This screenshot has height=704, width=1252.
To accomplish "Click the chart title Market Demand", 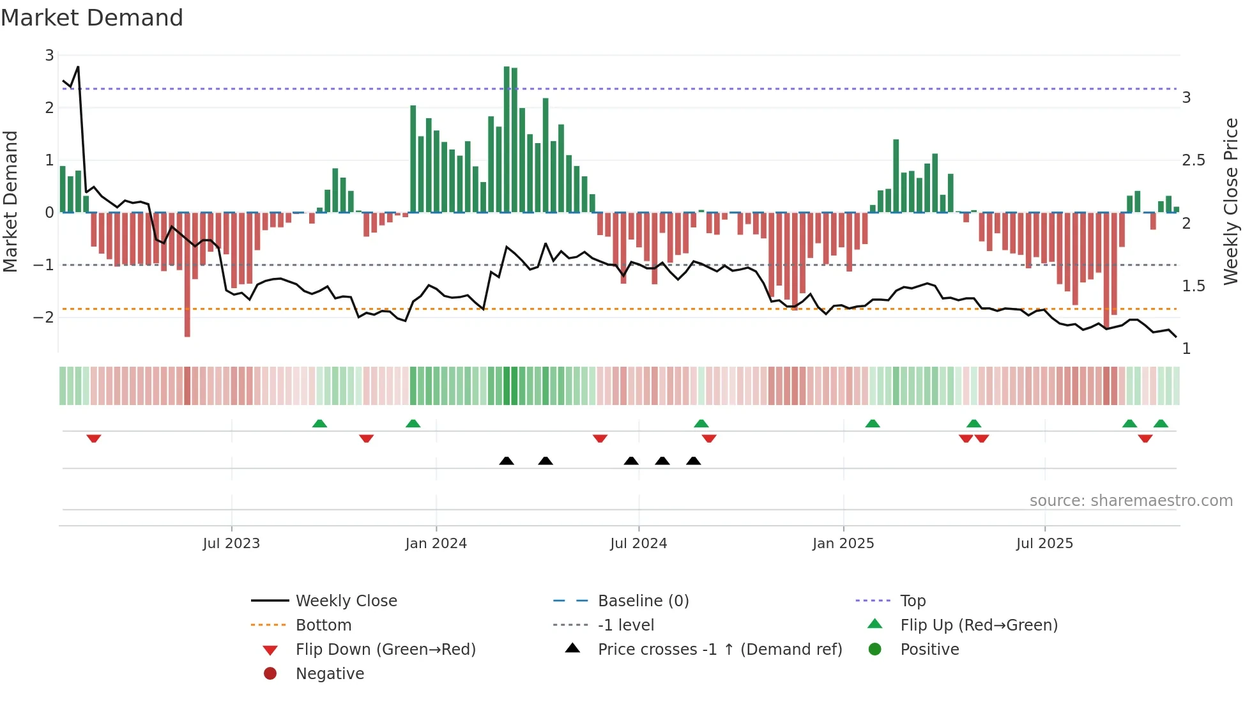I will (x=92, y=18).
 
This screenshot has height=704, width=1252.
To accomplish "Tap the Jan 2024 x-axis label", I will (x=436, y=544).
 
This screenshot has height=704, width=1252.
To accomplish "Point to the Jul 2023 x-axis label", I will (x=231, y=544).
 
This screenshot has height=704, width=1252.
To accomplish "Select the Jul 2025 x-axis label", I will (x=1044, y=544).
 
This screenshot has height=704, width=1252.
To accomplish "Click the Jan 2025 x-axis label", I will (x=843, y=544).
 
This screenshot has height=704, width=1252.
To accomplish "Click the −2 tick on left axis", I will (x=43, y=318).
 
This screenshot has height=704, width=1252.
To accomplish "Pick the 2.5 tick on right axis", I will (x=1193, y=160).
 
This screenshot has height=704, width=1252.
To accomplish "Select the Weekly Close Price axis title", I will (x=1230, y=201).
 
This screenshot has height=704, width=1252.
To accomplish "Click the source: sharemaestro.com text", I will (x=1131, y=501).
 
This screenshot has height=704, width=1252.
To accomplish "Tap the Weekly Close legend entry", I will (x=346, y=601).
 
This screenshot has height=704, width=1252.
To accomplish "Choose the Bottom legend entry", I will (x=323, y=625).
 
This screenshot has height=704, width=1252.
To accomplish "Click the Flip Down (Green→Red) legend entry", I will (x=385, y=650).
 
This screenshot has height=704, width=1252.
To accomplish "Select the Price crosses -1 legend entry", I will (x=719, y=650).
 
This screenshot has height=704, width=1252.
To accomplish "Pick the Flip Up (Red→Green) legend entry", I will (x=979, y=625).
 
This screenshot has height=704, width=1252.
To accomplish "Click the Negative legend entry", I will (x=330, y=674).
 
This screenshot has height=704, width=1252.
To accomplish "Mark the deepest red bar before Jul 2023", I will (x=187, y=275).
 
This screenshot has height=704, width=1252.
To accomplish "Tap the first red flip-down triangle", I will (x=94, y=439).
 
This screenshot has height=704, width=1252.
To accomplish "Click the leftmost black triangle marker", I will (x=507, y=461).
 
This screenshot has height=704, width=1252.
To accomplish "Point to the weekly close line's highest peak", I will (x=78, y=67).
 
